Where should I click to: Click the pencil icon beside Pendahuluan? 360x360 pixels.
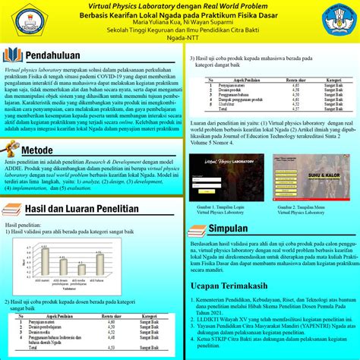[x=14, y=55]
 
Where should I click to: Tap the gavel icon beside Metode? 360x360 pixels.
[x=14, y=151]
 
